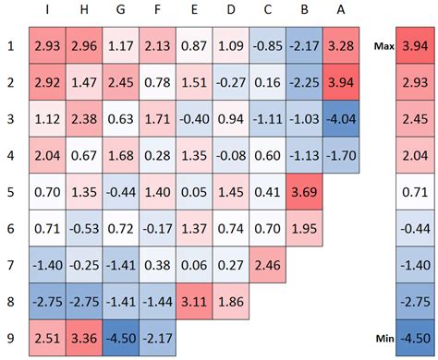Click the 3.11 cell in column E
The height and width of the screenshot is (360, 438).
point(193,303)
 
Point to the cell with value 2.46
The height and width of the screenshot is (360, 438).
point(267,266)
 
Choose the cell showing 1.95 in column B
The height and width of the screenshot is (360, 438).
point(304,229)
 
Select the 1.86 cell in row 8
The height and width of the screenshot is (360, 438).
point(230,303)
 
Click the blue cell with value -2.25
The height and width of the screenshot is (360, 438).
point(304,82)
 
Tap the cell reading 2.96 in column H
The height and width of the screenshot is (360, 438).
point(84,45)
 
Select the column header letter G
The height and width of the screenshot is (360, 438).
point(120,11)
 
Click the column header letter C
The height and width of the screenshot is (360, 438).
point(267,11)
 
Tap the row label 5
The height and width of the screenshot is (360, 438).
point(12,193)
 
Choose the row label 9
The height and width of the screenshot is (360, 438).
point(12,340)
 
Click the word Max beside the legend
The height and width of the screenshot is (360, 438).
point(384,45)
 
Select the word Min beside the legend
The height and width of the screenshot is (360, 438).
point(384,340)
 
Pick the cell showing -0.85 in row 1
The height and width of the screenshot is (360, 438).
point(267,45)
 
